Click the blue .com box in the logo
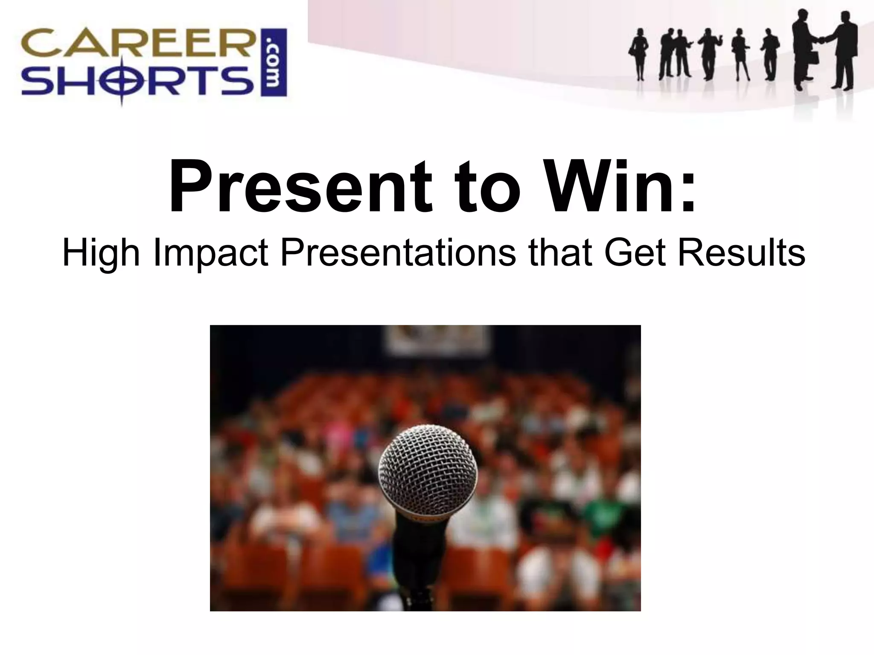(274, 63)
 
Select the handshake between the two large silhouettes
(820, 40)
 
